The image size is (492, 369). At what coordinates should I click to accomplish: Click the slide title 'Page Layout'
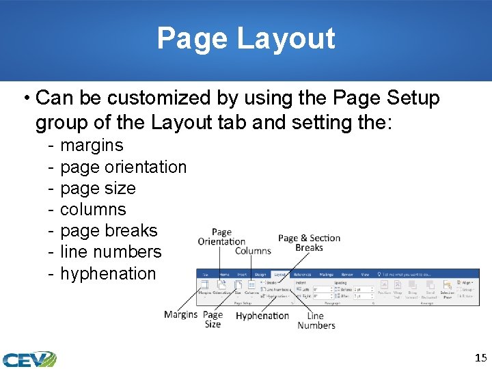coord(246,38)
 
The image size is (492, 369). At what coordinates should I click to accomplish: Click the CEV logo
coord(29,359)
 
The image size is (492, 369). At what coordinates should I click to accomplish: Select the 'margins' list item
coord(92,145)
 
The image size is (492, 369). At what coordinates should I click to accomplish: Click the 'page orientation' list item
coord(123,167)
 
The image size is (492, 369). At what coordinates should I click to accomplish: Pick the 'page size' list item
coord(98,188)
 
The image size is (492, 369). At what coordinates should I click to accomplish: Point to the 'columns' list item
coord(93,209)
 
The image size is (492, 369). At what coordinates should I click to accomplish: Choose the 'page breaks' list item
coord(109,230)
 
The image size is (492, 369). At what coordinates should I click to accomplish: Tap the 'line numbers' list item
coord(111,251)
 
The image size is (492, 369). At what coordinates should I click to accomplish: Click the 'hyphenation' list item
coord(108,273)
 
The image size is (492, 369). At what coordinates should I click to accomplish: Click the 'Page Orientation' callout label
coord(221,236)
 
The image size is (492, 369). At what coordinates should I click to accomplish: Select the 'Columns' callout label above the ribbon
coord(253,251)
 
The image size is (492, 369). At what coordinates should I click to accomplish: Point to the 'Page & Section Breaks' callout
coord(309,243)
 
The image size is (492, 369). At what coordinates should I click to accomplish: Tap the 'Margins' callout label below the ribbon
coord(180,314)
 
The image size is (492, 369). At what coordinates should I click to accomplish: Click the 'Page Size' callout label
coord(213,319)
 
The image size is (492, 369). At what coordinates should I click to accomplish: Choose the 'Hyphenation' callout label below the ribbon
coord(262,316)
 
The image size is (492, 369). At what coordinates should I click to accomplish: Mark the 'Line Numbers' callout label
coord(316,320)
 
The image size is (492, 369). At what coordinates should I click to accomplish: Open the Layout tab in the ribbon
coord(279,274)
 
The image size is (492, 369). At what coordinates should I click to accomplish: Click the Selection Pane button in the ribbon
coord(448,295)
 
